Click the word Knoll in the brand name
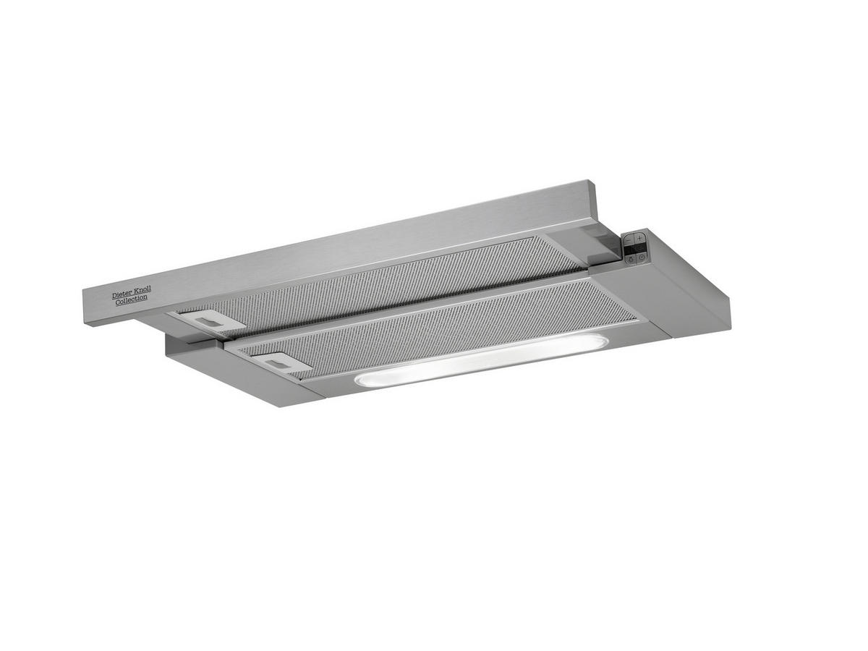140,290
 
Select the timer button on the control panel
642,257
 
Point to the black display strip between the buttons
634,248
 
